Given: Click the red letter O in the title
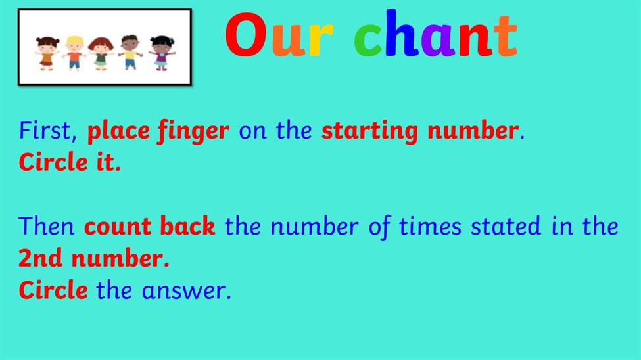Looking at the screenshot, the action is point(246,35).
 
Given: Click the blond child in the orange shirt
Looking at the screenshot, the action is point(74,53).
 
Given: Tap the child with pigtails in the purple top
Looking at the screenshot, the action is point(162,53).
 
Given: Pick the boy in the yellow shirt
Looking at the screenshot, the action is point(130,53).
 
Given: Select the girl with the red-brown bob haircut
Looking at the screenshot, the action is point(101,54).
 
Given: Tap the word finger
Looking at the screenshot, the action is point(193,131).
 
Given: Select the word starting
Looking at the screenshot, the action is point(369,131).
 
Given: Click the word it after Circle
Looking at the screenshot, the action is point(108,162).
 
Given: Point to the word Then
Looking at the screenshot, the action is point(47,226).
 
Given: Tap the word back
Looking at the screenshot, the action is point(187,225).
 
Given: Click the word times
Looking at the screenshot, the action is point(430,226).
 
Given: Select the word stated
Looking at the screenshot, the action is point(506,226).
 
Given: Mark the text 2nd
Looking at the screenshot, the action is point(41,258).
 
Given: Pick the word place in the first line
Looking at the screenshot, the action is point(118,131).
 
